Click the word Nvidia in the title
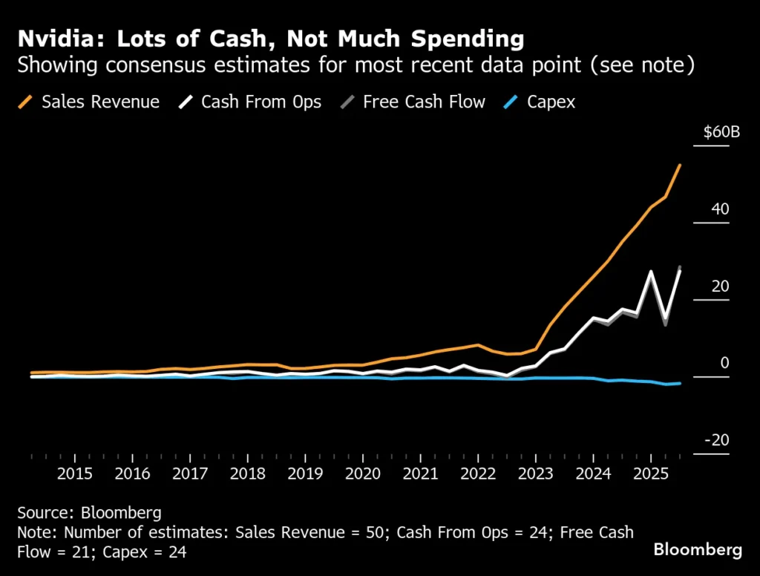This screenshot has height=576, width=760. tap(53, 38)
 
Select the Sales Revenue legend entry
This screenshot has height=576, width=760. tap(100, 102)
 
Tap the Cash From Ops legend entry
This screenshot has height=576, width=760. tap(261, 102)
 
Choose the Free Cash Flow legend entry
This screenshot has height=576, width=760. tap(424, 102)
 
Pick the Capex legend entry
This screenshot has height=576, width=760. tap(551, 102)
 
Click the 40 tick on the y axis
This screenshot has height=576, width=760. tap(720, 209)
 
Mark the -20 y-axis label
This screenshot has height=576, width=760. tap(717, 440)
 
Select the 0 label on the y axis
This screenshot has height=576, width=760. tap(724, 363)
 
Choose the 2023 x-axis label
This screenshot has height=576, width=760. tap(535, 474)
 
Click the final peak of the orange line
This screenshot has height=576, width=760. tap(680, 166)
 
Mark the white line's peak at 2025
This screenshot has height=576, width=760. tap(651, 272)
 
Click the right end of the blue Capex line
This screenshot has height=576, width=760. tap(680, 383)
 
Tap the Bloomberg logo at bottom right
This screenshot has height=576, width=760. tap(697, 550)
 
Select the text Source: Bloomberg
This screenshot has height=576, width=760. tap(89, 513)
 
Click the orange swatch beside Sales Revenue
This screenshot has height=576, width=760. tap(26, 102)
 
